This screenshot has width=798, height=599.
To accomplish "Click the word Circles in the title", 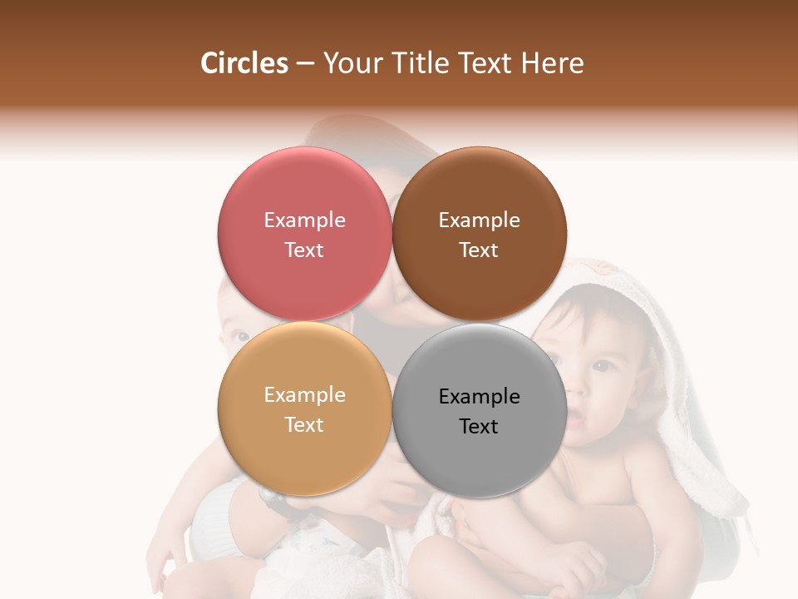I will [x=244, y=63].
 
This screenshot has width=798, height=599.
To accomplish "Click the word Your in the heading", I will [x=352, y=63].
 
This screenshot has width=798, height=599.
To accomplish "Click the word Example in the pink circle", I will [x=304, y=220].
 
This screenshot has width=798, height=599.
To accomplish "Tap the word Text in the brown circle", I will [x=479, y=250].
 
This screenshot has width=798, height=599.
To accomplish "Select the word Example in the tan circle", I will [x=304, y=395].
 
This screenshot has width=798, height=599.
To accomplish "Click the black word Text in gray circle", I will [x=479, y=427].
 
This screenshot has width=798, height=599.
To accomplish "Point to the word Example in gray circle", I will [x=479, y=397].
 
